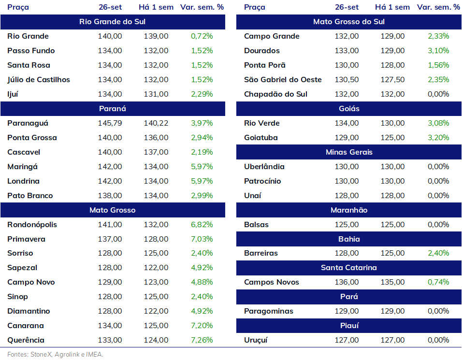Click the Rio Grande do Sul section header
tap(113, 22)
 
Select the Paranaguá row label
tap(28, 123)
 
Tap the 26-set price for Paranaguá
tap(110, 123)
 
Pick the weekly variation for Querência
tap(202, 340)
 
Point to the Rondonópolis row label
tap(32, 225)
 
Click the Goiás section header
tap(349, 109)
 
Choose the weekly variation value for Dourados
tap(438, 51)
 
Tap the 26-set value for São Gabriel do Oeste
tap(347, 80)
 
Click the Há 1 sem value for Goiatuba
tap(392, 138)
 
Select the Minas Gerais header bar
tap(349, 152)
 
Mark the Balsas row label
tap(256, 225)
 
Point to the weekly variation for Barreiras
tap(438, 253)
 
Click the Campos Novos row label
tap(272, 282)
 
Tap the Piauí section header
tap(349, 326)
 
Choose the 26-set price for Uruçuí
tap(347, 340)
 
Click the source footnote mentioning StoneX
tap(56, 354)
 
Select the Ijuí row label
tap(13, 94)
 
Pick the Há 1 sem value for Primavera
tap(156, 239)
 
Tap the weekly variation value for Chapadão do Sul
tap(438, 94)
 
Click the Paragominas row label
tap(269, 311)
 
